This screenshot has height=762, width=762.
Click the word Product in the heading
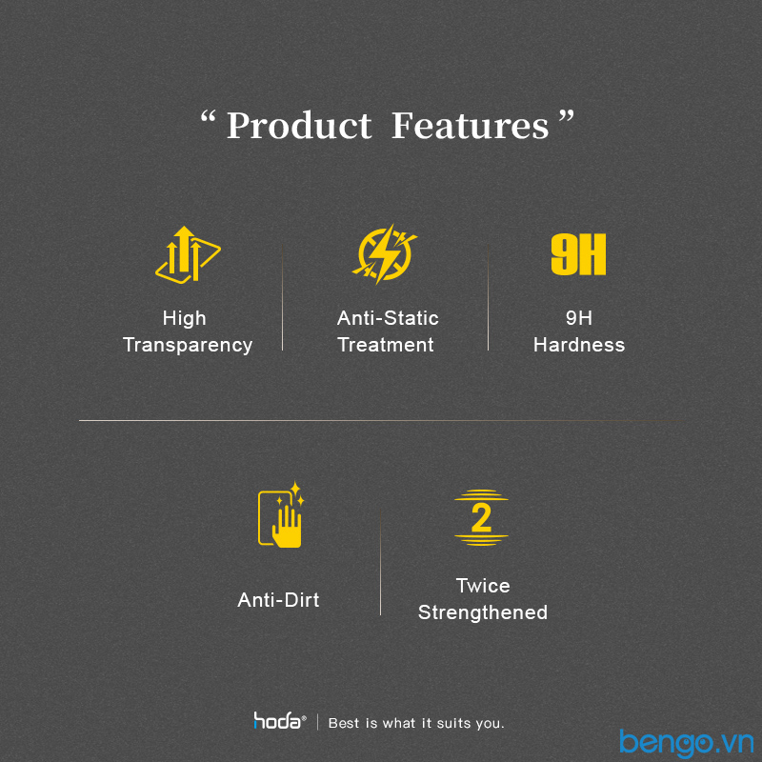[299, 126]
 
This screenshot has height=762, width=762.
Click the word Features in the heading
[470, 126]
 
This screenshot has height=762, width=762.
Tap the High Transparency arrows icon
[188, 254]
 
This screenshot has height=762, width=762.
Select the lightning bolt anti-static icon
[385, 253]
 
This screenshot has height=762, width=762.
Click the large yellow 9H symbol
[578, 254]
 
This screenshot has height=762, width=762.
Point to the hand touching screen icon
[281, 515]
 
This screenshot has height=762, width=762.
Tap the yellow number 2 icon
[481, 517]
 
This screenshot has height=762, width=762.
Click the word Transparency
[188, 345]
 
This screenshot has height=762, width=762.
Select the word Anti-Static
[388, 318]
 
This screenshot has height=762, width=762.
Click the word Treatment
[386, 345]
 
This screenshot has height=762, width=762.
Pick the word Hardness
[579, 345]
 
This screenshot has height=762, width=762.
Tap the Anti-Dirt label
[278, 600]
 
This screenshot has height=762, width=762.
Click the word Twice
[483, 586]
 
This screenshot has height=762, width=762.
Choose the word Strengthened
[483, 612]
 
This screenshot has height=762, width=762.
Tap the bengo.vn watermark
[686, 743]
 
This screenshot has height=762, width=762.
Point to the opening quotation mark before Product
[208, 116]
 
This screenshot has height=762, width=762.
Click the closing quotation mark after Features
[566, 116]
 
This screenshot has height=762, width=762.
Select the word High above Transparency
[184, 319]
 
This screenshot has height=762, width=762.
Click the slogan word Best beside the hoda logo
[344, 723]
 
